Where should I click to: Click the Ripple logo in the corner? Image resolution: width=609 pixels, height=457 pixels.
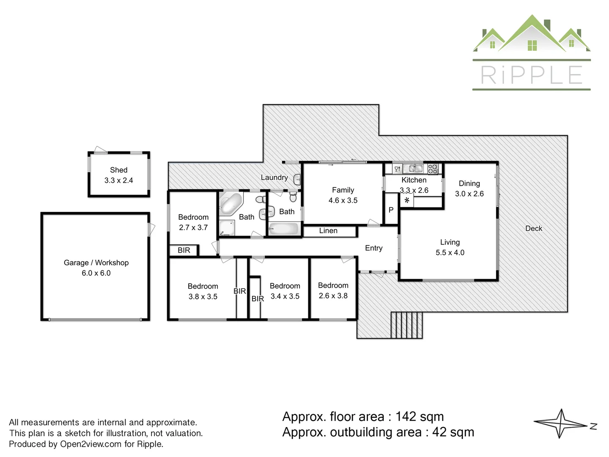[x=531, y=53]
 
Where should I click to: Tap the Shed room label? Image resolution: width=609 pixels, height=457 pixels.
[x=118, y=170]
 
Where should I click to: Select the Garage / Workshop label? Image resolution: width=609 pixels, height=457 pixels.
[x=96, y=263]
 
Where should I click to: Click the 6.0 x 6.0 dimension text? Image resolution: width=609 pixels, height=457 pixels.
[x=96, y=273]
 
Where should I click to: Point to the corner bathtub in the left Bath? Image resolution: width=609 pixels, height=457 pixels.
[x=230, y=204]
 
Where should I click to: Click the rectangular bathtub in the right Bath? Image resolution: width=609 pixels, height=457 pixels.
[x=284, y=229]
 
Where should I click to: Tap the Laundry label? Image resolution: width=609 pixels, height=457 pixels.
[x=274, y=178]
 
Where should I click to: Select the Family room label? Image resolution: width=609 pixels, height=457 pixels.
[x=343, y=190]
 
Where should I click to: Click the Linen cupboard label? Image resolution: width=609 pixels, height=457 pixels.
[x=328, y=231]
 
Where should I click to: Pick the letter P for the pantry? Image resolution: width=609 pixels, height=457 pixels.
[x=391, y=210]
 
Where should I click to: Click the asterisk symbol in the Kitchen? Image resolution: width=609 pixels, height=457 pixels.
[x=407, y=201]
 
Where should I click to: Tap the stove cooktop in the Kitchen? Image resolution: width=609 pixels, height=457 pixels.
[x=433, y=169]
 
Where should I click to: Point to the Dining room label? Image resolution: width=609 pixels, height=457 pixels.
[x=469, y=184]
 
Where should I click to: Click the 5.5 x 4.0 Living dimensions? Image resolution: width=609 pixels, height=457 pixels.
[x=450, y=253]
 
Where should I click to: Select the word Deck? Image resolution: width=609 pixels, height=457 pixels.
[x=533, y=228]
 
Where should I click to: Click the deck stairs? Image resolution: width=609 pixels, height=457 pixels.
[x=406, y=325]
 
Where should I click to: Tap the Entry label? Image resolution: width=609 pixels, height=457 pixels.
[x=373, y=248]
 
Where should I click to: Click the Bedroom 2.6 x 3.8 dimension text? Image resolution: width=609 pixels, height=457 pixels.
[x=333, y=296]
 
